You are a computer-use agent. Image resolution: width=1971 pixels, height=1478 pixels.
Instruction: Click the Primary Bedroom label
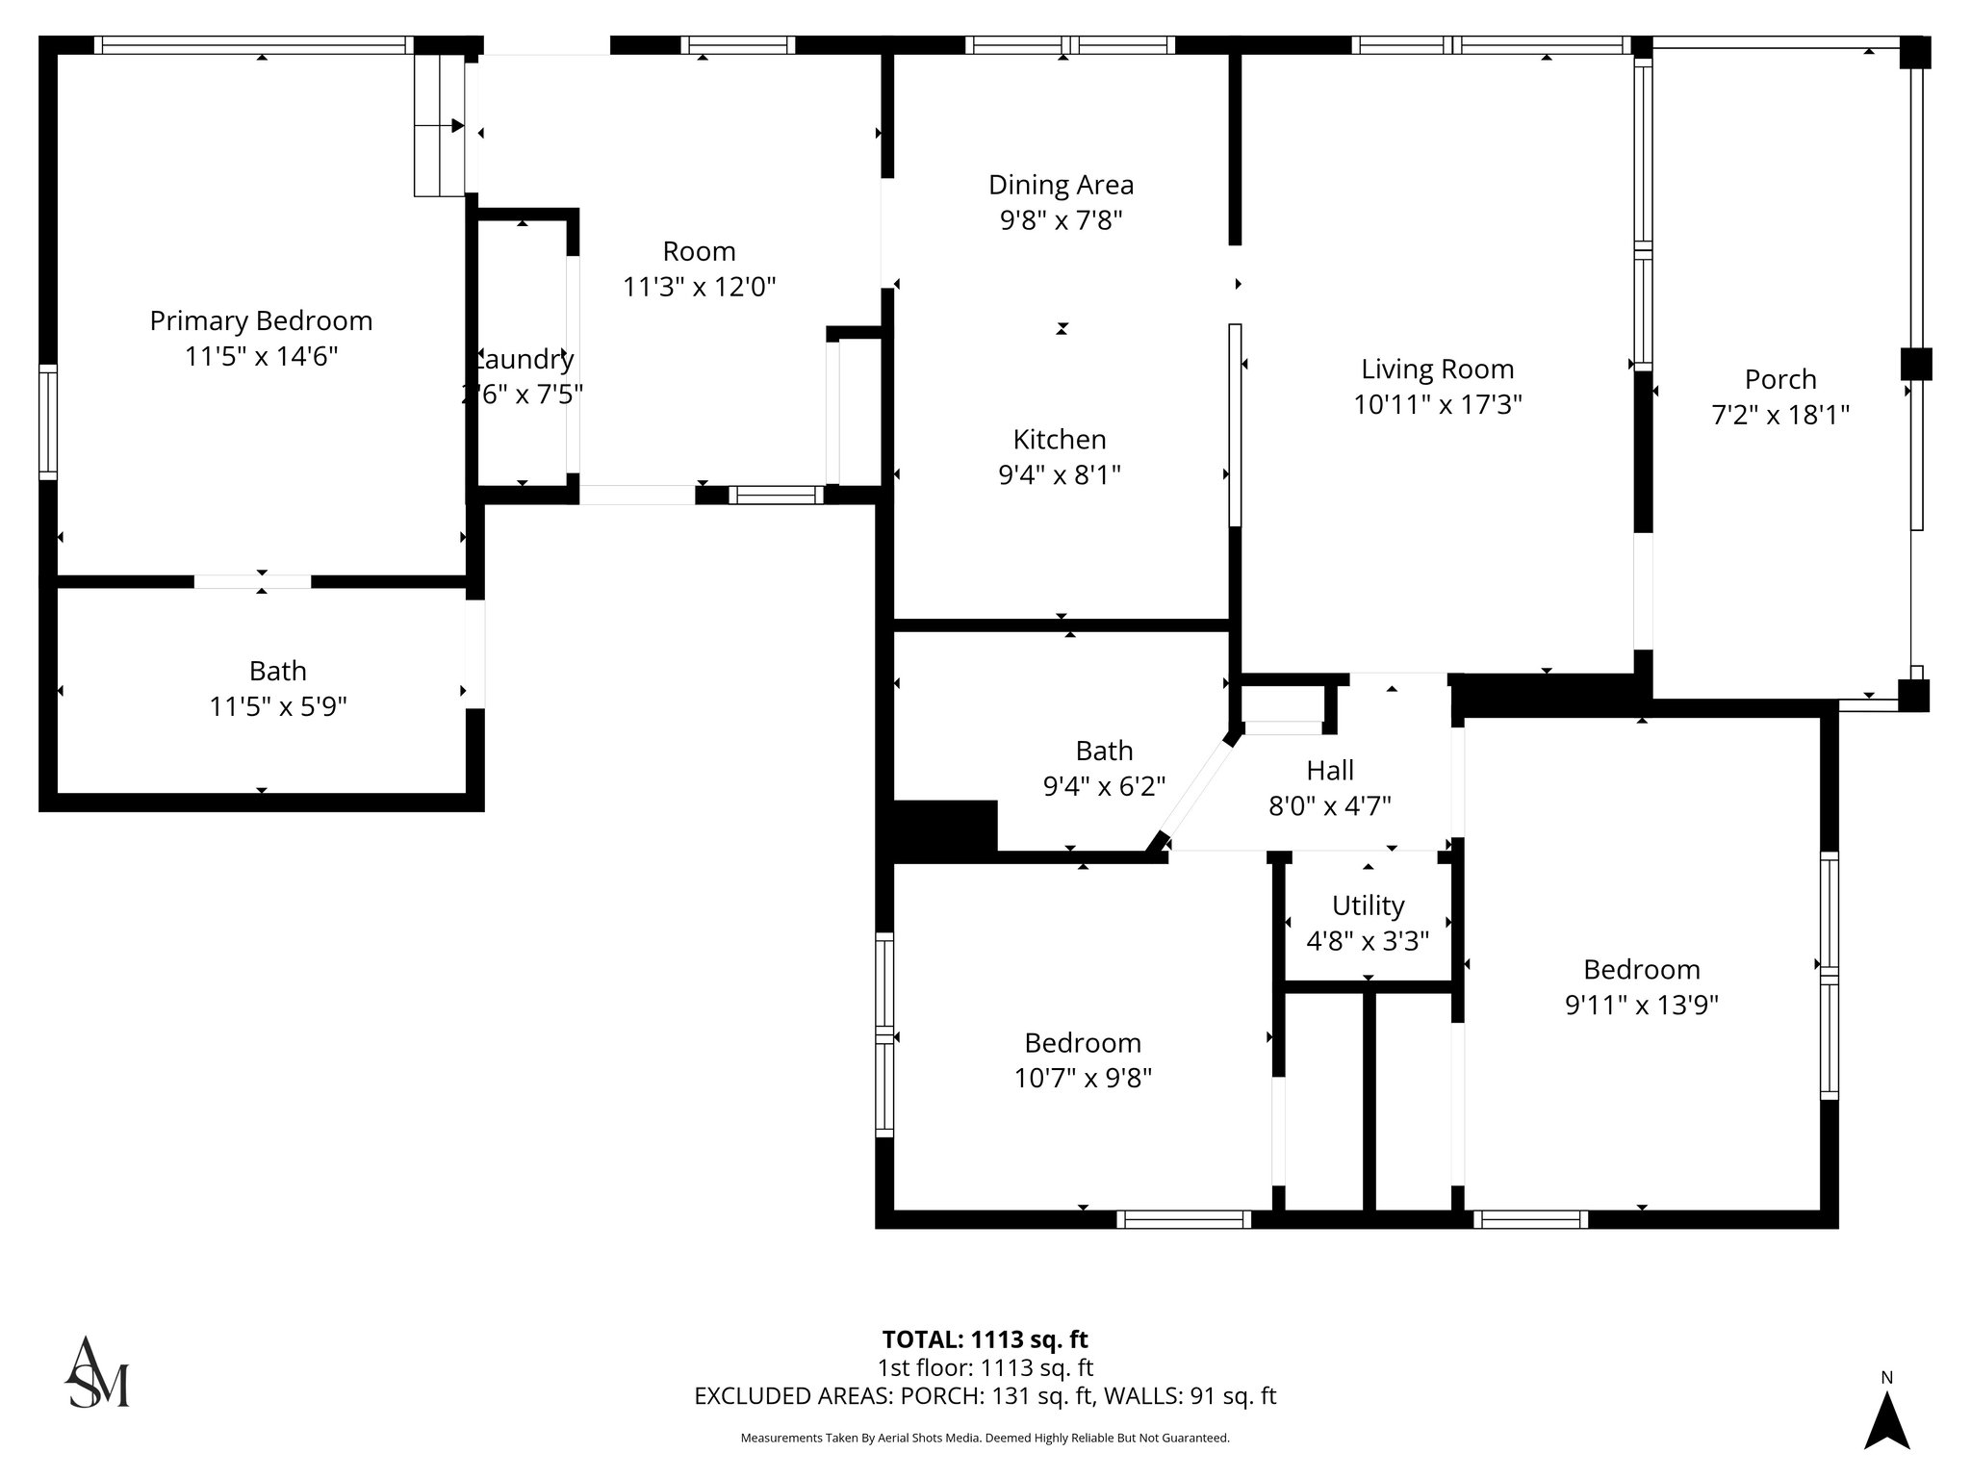tap(261, 320)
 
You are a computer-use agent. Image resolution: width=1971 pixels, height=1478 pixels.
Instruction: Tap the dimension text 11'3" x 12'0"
tap(699, 287)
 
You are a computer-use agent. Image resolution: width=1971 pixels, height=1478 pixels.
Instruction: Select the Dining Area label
tap(1061, 185)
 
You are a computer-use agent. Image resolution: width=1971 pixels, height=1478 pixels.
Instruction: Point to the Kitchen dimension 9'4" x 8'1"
tap(1060, 474)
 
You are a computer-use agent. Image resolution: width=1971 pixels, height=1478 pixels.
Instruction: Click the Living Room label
tap(1437, 369)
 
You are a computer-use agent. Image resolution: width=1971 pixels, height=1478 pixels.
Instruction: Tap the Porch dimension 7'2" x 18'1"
tap(1780, 415)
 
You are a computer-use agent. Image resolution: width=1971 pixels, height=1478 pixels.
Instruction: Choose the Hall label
tap(1330, 770)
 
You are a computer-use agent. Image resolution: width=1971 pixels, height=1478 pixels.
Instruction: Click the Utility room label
tap(1368, 905)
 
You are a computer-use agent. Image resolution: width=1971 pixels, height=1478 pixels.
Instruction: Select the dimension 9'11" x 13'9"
tap(1641, 1005)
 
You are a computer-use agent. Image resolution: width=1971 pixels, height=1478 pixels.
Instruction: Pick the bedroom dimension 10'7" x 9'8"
tap(1083, 1078)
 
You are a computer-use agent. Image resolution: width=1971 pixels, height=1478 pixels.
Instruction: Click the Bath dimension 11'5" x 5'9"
tap(278, 707)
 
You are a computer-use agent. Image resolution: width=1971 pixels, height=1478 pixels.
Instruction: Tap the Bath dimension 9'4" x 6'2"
tap(1104, 786)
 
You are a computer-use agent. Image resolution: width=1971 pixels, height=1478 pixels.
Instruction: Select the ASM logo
tap(96, 1373)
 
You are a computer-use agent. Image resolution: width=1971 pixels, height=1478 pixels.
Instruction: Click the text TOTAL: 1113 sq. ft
tap(985, 1339)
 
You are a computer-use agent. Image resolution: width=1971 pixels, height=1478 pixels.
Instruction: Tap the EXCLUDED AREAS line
tap(985, 1396)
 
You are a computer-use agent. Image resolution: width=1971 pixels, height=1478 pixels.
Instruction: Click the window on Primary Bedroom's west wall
tap(47, 421)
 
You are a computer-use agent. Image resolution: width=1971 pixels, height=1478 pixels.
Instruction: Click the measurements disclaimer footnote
tap(985, 1438)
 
